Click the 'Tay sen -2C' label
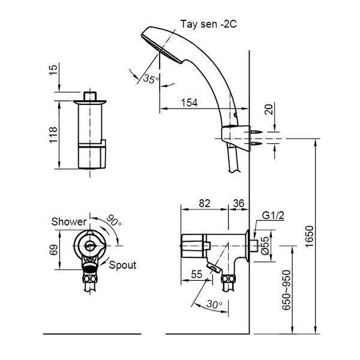208,24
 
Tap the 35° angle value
151,79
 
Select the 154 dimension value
190,103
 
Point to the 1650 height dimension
310,236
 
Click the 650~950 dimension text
286,290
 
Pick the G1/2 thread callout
273,215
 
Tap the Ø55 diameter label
265,245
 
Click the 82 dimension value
205,203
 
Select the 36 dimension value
239,203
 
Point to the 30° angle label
214,304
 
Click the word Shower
69,221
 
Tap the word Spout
122,265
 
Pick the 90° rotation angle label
114,221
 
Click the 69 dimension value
54,250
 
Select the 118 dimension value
53,134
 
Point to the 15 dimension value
53,70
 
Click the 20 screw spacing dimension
269,110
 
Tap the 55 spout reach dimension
197,274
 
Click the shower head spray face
161,49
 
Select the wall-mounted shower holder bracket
236,138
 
